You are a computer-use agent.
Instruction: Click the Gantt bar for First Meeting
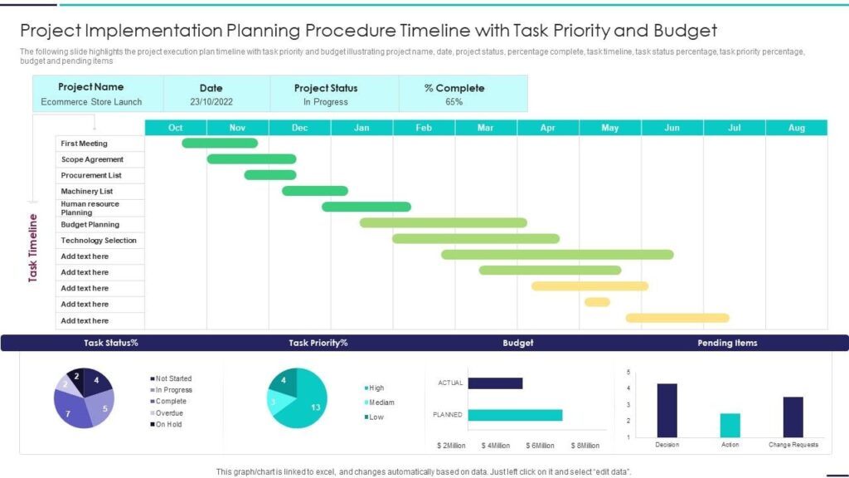point(220,143)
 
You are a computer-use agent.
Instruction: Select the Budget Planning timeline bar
point(443,222)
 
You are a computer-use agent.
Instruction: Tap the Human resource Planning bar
point(366,207)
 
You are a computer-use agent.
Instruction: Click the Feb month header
point(424,128)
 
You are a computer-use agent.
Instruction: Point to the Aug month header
point(796,128)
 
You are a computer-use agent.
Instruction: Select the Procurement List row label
point(91,175)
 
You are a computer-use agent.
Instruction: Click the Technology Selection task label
point(99,240)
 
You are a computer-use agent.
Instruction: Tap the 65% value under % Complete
point(454,102)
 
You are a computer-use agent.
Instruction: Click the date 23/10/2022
point(211,102)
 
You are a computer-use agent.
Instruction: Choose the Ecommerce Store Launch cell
point(91,102)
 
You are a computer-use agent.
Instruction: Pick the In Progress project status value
point(325,102)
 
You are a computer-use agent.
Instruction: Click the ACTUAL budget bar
point(495,383)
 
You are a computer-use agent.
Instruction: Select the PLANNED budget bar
point(515,415)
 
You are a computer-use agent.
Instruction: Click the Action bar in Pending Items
point(730,425)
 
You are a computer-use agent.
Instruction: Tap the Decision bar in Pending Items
point(667,410)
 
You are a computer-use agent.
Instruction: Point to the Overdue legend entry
point(169,412)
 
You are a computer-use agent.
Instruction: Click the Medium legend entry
point(381,402)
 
